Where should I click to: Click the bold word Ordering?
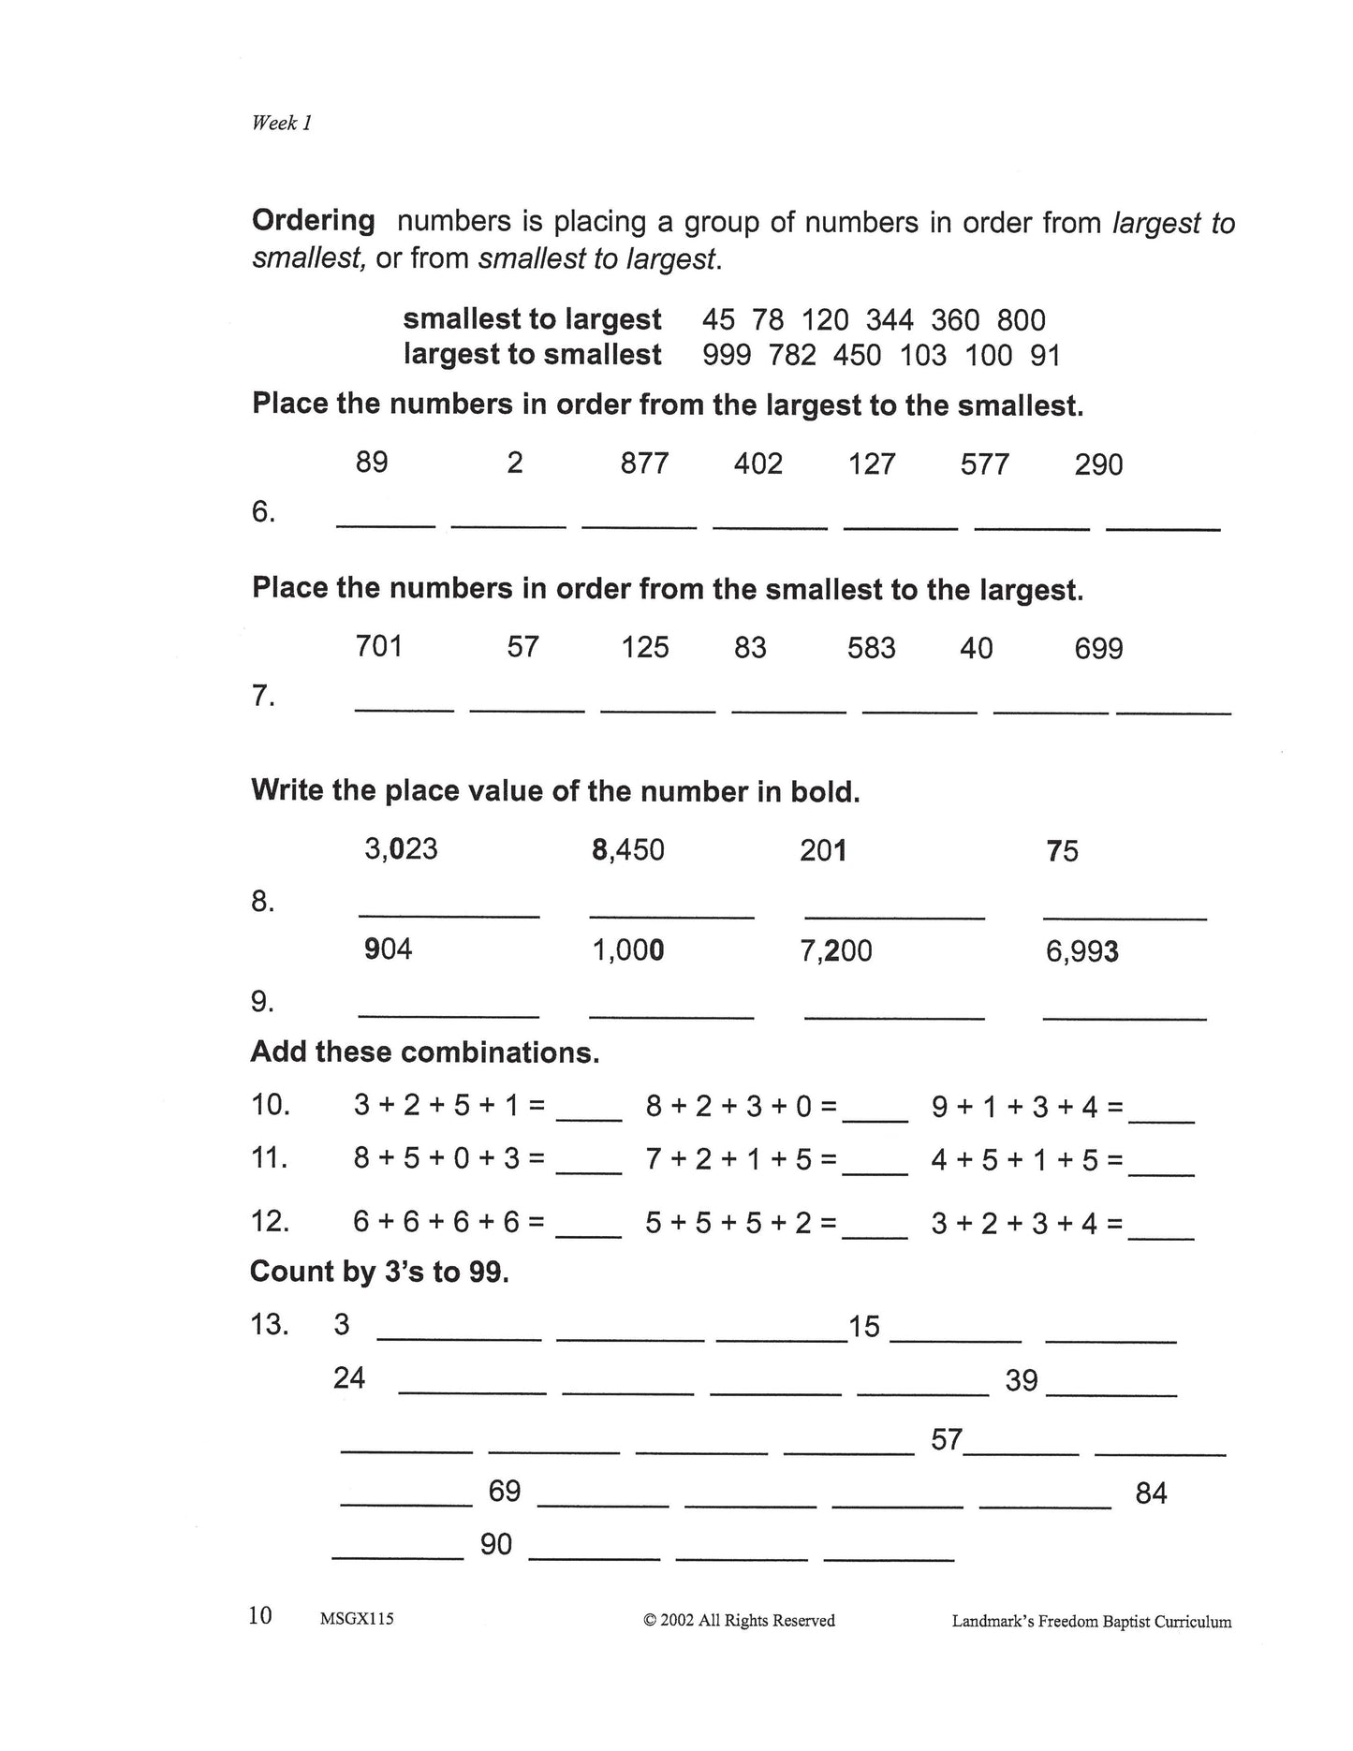(314, 222)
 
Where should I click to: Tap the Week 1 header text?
(281, 123)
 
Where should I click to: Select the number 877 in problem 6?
(644, 463)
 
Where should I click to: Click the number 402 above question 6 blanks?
(757, 463)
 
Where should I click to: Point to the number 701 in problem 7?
(378, 646)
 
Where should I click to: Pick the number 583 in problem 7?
(871, 648)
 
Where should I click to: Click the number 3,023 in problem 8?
(401, 849)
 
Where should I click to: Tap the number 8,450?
(627, 850)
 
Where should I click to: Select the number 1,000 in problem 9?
(627, 950)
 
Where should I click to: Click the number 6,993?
(1081, 952)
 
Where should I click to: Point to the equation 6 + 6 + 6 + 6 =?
(449, 1222)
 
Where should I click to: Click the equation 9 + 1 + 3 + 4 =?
(1027, 1107)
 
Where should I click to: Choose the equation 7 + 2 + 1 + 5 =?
(741, 1160)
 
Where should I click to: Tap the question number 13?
(270, 1325)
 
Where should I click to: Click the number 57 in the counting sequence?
(947, 1439)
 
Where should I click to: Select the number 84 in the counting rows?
(1151, 1493)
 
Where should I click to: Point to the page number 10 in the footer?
(260, 1615)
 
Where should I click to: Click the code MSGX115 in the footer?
(357, 1619)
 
